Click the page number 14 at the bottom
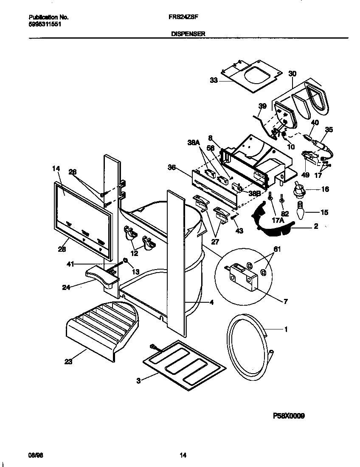tap(183, 456)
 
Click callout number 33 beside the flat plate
tap(214, 80)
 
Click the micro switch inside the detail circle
tap(242, 276)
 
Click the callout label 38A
tap(193, 143)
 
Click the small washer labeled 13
tap(126, 260)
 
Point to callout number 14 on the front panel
tap(56, 169)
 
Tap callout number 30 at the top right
tap(292, 73)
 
